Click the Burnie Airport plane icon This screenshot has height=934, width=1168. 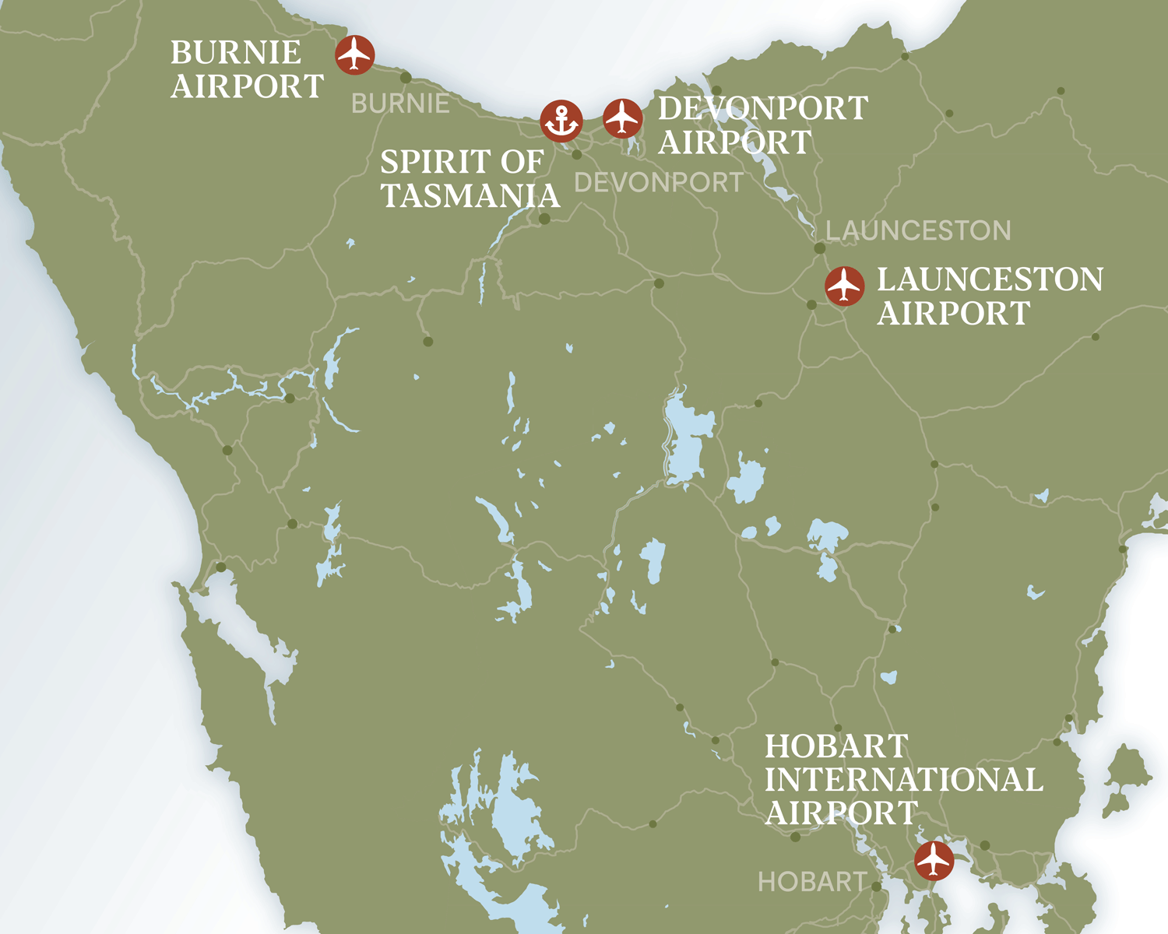(355, 54)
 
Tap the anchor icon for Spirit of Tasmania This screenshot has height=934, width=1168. (561, 121)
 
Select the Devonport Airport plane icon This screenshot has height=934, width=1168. (622, 118)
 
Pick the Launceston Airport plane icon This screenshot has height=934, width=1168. (845, 286)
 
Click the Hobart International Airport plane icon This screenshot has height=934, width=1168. (934, 860)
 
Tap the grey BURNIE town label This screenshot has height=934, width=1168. (400, 104)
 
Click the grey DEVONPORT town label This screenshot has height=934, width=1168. (659, 183)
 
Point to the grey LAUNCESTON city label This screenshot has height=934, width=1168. (918, 230)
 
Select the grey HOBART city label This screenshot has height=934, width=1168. (812, 882)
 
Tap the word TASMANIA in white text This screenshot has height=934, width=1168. (470, 196)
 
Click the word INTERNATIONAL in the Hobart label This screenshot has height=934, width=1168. (903, 780)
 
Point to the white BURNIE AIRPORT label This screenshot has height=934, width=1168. (247, 69)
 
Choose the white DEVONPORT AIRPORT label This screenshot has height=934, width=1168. (762, 125)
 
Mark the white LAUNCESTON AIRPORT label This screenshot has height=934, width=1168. (990, 296)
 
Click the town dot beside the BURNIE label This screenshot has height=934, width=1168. (406, 78)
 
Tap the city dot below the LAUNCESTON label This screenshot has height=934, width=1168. (819, 248)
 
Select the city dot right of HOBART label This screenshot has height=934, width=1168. (876, 887)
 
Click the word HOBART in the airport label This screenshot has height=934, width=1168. (836, 746)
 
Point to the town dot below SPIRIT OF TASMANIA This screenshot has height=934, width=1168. (544, 219)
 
